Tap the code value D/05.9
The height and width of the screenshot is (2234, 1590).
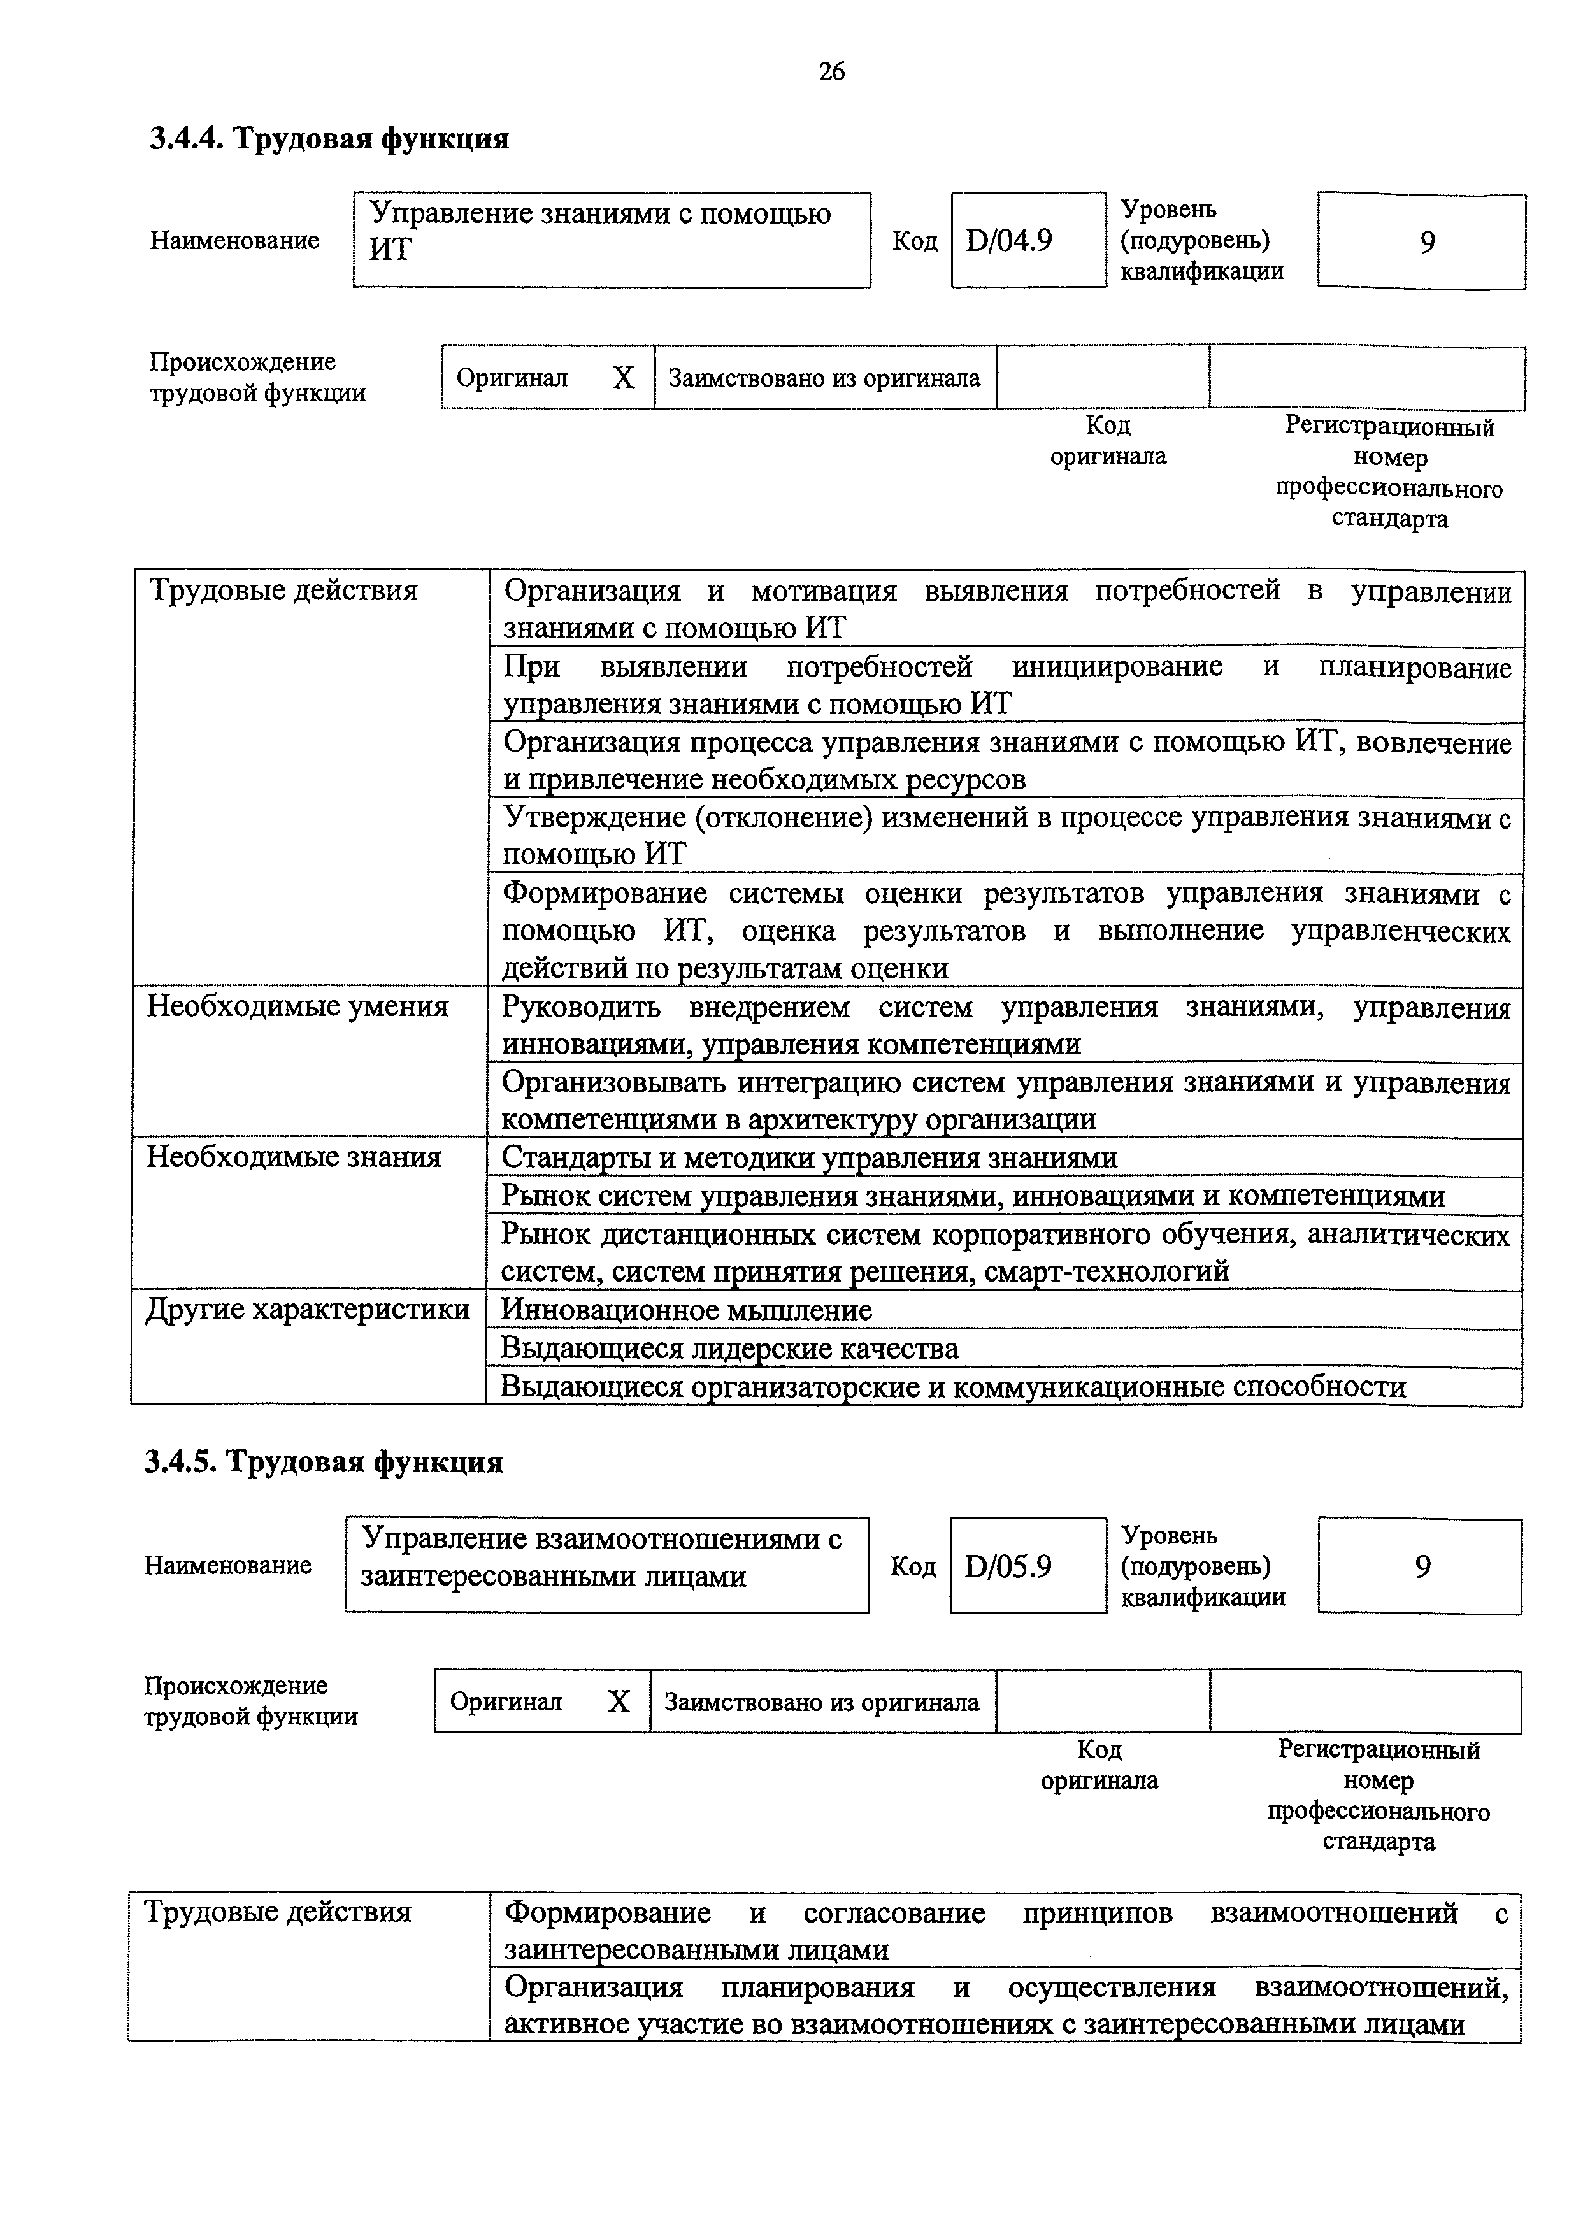pyautogui.click(x=1008, y=1566)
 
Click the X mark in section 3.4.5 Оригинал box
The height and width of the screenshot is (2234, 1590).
pyautogui.click(x=618, y=1701)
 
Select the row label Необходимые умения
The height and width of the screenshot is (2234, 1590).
pyautogui.click(x=297, y=1006)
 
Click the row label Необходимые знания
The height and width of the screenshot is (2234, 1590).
pyautogui.click(x=294, y=1157)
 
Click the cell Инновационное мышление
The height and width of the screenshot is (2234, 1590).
pyautogui.click(x=686, y=1310)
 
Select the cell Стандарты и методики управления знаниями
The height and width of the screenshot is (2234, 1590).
pyautogui.click(x=809, y=1158)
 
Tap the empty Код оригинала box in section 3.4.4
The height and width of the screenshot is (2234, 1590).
pyautogui.click(x=1103, y=378)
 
